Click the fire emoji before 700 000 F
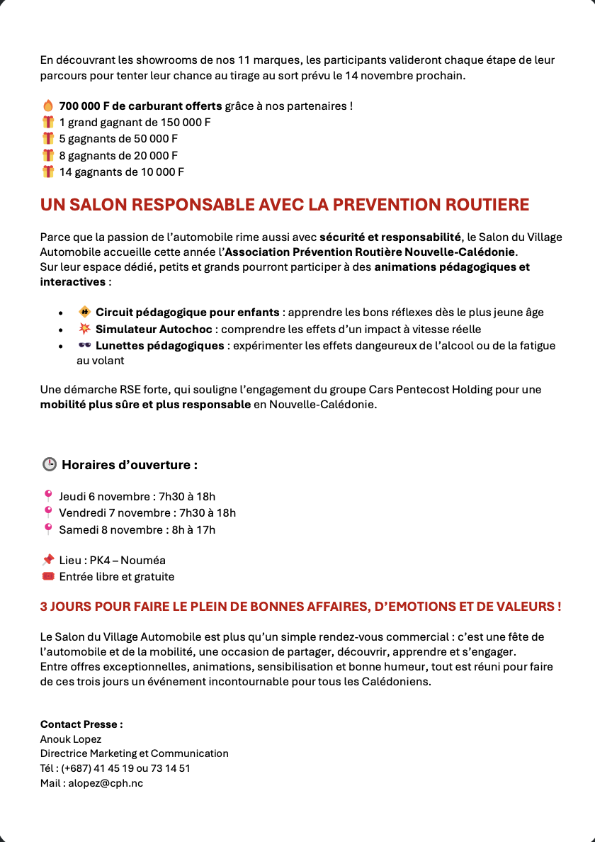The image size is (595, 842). point(48,106)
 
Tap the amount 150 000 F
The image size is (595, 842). point(186,123)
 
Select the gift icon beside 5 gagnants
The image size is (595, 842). point(48,139)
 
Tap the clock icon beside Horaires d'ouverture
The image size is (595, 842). point(49,465)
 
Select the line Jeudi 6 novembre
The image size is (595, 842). point(137,496)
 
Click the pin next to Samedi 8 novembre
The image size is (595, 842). point(48,529)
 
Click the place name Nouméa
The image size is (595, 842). point(147,561)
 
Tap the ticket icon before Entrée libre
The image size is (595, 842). point(48,577)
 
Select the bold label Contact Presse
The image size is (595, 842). point(81,724)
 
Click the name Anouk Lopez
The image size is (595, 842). point(71,739)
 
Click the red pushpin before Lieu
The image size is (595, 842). point(48,561)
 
